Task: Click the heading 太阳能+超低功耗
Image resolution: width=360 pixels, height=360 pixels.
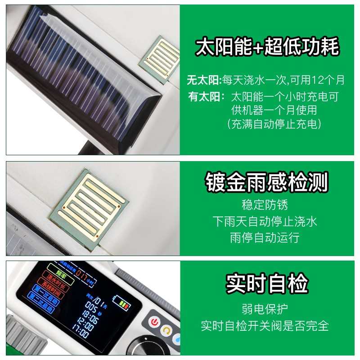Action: point(267,47)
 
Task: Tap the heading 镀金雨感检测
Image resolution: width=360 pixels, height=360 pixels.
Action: point(267,182)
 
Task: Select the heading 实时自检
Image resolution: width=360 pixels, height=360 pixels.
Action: point(267,283)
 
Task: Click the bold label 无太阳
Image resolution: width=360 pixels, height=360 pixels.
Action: point(204,81)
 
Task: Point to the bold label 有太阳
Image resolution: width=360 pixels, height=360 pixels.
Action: point(204,97)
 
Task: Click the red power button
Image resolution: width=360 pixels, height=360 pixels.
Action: point(155,322)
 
